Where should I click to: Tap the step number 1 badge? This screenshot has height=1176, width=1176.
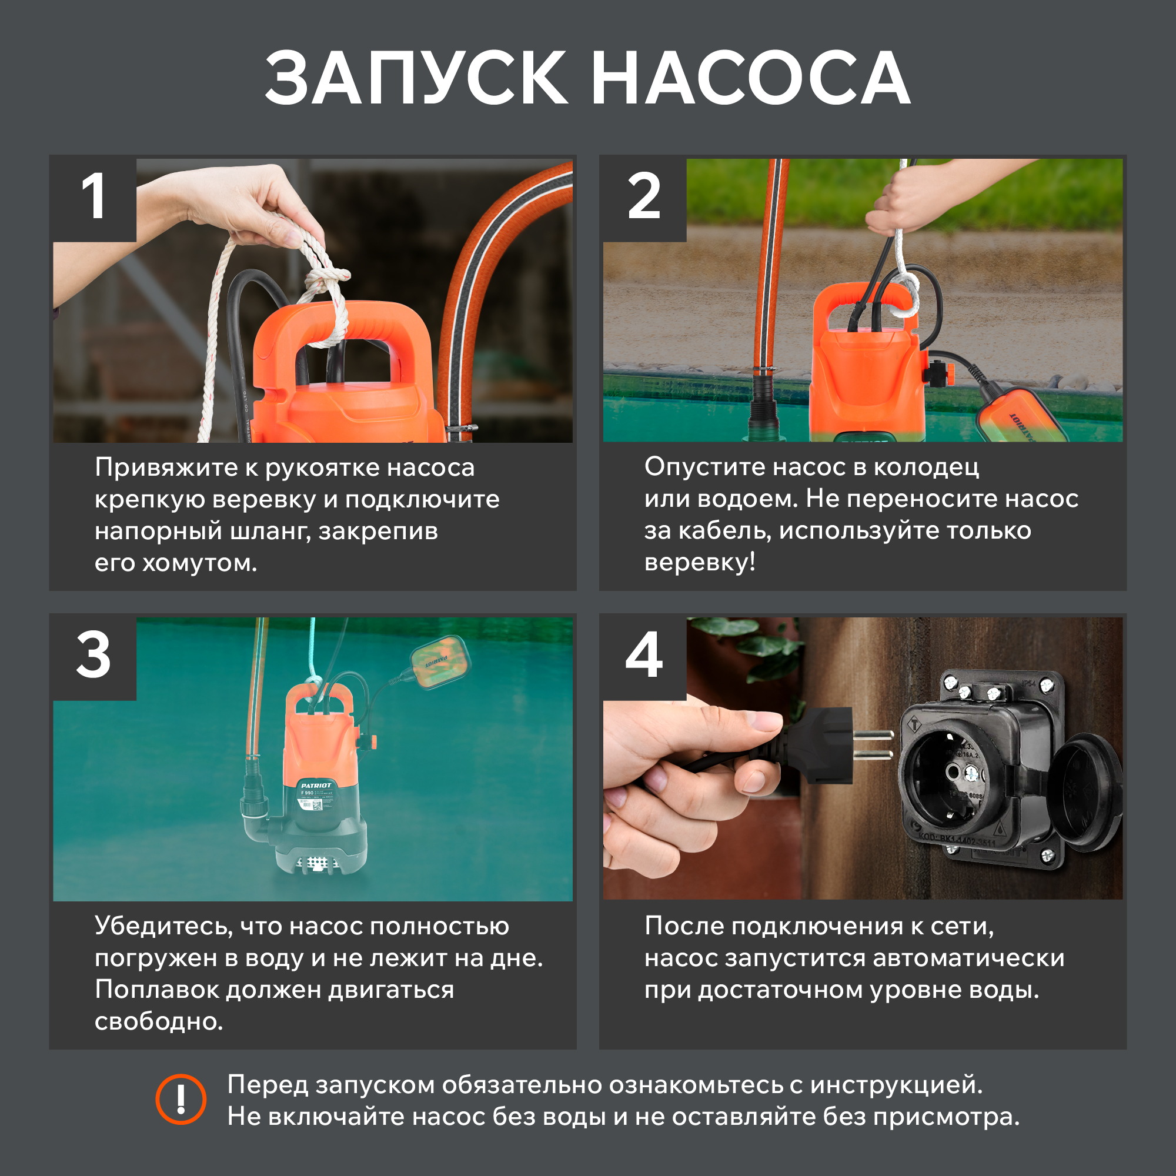pos(94,198)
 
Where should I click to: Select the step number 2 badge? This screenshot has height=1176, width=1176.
pos(644,198)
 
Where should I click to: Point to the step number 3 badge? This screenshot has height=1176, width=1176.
pos(94,658)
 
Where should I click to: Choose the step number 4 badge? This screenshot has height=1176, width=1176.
pos(644,658)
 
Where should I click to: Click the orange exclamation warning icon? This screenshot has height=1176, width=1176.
pos(181,1100)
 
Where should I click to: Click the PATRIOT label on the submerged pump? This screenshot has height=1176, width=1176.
pos(316,786)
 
